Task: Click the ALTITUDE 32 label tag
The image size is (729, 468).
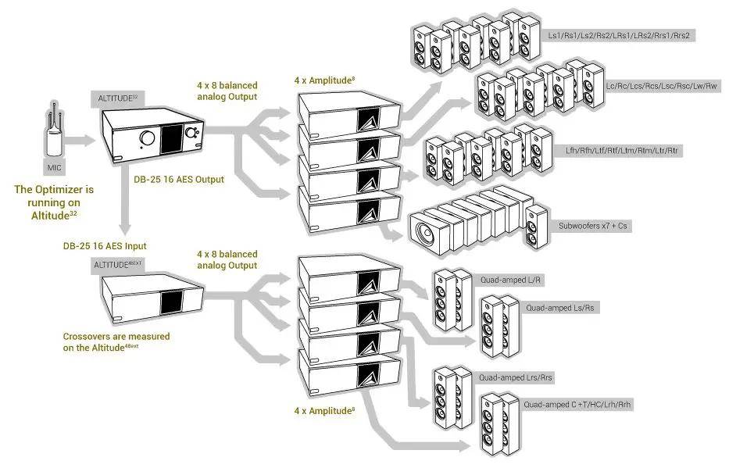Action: tap(118, 98)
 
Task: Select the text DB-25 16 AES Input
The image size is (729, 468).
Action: tap(105, 245)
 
